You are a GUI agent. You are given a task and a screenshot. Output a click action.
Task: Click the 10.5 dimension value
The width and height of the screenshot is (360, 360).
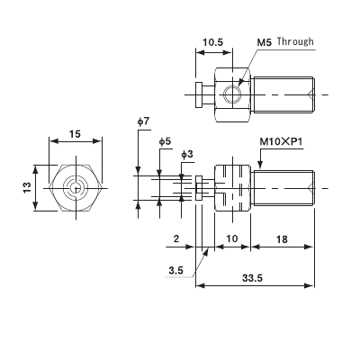213,41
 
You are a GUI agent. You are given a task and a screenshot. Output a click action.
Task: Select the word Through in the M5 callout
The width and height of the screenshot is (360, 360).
296,41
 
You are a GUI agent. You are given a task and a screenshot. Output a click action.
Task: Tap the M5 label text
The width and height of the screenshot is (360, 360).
265,41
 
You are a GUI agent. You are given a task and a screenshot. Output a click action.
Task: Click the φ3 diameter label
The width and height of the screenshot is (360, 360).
186,155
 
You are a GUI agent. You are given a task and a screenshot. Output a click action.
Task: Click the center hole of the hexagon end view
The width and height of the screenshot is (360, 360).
75,187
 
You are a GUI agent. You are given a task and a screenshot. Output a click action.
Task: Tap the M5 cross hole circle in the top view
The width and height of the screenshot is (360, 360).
234,94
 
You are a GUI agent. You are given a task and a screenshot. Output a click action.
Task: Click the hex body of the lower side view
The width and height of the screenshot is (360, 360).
230,186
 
